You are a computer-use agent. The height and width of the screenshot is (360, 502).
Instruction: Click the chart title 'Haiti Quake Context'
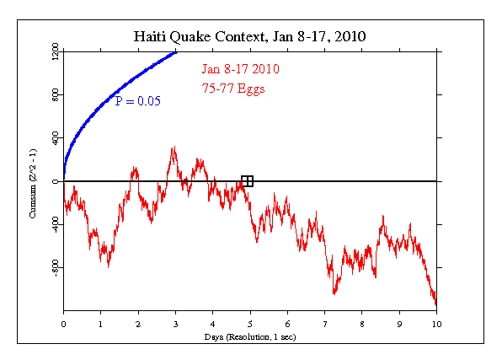[x=249, y=37]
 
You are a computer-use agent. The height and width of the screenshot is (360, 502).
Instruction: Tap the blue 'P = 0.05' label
[x=137, y=102]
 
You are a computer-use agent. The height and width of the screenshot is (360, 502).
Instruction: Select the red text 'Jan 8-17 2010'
[x=240, y=69]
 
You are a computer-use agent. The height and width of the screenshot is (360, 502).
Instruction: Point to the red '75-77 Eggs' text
[x=233, y=88]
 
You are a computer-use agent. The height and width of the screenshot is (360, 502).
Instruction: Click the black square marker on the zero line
[x=247, y=180]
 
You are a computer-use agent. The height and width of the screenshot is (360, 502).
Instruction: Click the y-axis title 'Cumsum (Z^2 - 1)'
[x=33, y=182]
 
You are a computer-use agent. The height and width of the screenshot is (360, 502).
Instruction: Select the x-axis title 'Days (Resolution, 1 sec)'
[x=249, y=336]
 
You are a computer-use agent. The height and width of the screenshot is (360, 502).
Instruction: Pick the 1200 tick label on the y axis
[x=55, y=52]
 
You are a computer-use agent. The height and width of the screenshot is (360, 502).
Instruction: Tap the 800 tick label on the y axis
[x=55, y=95]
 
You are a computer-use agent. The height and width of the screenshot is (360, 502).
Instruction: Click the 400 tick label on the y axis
[x=55, y=138]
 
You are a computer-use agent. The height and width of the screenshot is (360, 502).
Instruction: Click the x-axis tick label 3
[x=175, y=322]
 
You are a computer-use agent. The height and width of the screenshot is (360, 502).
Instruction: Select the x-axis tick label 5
[x=250, y=322]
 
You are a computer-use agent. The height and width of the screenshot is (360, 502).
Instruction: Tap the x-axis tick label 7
[x=324, y=322]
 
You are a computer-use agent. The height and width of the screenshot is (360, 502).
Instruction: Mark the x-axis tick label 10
[x=436, y=322]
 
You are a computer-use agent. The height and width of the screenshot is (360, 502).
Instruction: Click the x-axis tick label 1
[x=100, y=322]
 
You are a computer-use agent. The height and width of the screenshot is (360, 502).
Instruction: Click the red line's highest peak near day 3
[x=174, y=148]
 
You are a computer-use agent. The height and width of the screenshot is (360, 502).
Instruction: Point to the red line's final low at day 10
[x=435, y=304]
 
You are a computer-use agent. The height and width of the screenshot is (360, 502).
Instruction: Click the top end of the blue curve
[x=176, y=52]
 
